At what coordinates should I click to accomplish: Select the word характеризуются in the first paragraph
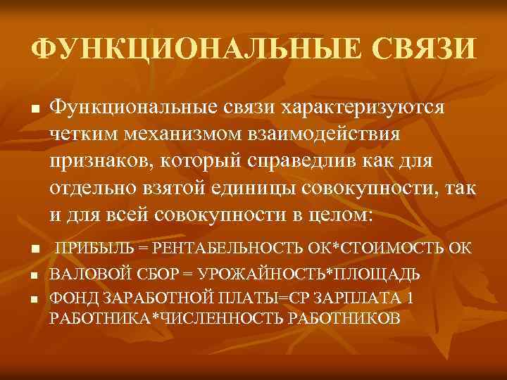[362, 108]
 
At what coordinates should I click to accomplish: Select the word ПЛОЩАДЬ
[380, 273]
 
